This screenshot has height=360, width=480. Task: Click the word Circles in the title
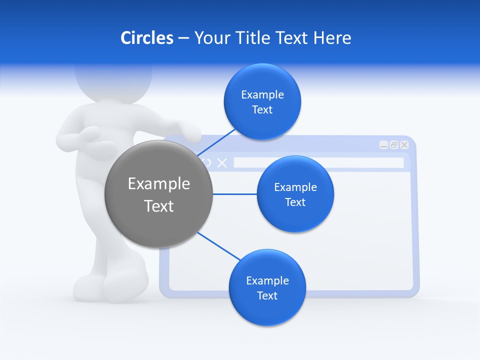click(x=146, y=38)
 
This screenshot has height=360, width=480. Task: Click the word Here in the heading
click(x=332, y=38)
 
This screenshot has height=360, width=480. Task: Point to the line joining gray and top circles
click(x=216, y=142)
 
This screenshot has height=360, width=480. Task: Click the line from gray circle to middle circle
click(x=235, y=194)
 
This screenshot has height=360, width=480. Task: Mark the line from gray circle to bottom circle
click(x=218, y=246)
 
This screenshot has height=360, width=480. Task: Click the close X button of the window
click(x=404, y=145)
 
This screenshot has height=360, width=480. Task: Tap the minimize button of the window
click(x=383, y=145)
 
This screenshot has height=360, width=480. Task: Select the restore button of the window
click(x=394, y=145)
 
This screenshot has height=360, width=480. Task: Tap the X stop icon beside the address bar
click(x=222, y=162)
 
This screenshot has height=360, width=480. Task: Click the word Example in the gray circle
click(x=158, y=184)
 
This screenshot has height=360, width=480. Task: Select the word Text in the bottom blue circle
click(x=267, y=295)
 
